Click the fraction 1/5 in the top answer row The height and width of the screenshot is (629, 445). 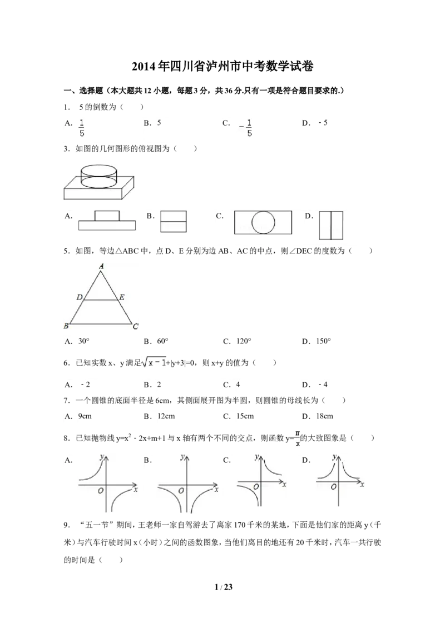tap(82, 128)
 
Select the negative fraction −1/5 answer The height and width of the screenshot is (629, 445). tap(248, 128)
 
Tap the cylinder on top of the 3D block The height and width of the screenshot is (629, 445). tap(99, 175)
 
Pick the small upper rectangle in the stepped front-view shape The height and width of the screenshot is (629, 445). tap(107, 216)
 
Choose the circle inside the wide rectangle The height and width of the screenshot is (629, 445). tap(263, 222)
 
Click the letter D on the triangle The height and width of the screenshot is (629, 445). tap(80, 298)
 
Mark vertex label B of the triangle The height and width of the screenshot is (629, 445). tap(66, 326)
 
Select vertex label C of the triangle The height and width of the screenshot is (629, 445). tap(135, 326)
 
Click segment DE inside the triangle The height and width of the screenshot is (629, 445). tap(101, 300)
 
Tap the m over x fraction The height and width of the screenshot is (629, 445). tap(299, 438)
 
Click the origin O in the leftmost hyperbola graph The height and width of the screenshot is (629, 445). tap(101, 491)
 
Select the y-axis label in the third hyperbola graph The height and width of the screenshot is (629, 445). tap(256, 457)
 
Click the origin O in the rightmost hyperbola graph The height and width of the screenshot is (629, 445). tap(333, 487)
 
